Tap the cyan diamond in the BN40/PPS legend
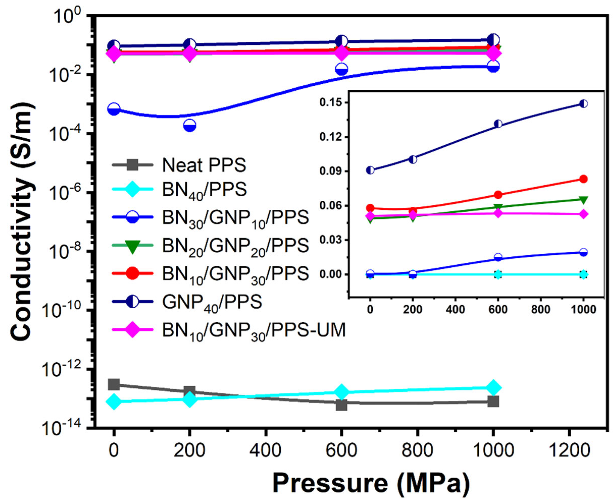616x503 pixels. (x=132, y=190)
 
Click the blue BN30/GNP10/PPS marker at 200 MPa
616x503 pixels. (x=190, y=126)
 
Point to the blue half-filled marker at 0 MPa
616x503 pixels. (x=114, y=109)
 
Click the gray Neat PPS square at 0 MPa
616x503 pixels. (x=114, y=384)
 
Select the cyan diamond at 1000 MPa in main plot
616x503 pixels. (x=493, y=387)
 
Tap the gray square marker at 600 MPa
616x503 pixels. (x=342, y=405)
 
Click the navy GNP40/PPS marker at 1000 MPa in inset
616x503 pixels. (x=583, y=104)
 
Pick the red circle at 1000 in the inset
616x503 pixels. (x=583, y=179)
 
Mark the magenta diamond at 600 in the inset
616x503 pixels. (x=498, y=213)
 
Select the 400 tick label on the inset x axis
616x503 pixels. (x=455, y=310)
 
